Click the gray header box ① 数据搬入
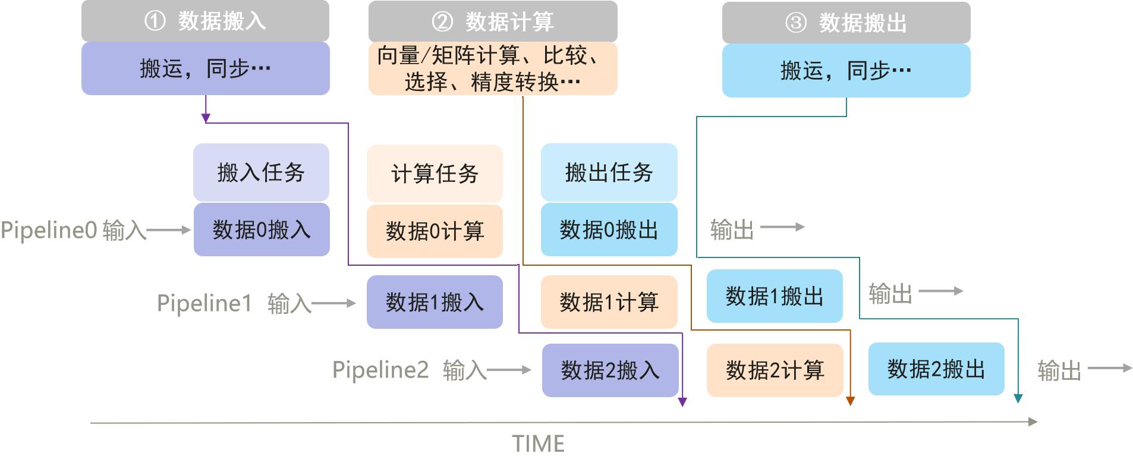(x=205, y=21)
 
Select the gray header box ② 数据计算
(x=492, y=22)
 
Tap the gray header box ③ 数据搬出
(x=846, y=23)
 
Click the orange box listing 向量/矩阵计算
(x=492, y=68)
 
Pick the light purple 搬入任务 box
(x=261, y=172)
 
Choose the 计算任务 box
(x=435, y=173)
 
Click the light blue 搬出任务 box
(x=609, y=172)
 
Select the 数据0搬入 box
(x=262, y=229)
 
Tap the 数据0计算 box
(x=435, y=231)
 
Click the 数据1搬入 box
(x=435, y=302)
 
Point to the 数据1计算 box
(x=609, y=302)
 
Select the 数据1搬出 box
(x=775, y=296)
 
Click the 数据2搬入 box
(x=610, y=370)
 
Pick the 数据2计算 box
(x=775, y=370)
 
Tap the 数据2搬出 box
(x=936, y=369)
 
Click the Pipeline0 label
(x=49, y=230)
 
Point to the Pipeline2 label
(x=380, y=370)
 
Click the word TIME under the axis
(x=538, y=444)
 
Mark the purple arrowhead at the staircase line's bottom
(x=682, y=402)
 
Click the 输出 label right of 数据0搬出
(x=732, y=229)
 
